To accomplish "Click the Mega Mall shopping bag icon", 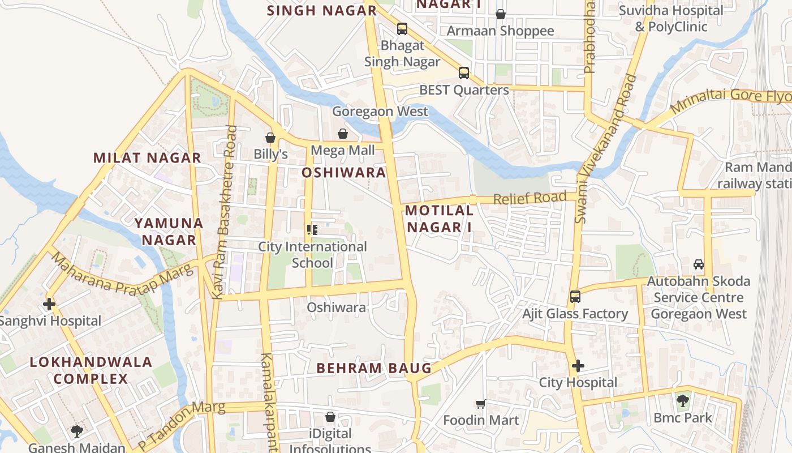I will [x=343, y=134].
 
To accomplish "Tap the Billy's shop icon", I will [x=270, y=138].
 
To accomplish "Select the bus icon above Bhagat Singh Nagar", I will [x=402, y=28].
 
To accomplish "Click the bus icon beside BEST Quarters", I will [x=464, y=72].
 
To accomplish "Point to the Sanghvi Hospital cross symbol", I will [x=49, y=304].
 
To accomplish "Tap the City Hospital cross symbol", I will [x=578, y=366].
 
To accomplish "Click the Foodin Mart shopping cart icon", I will [x=481, y=404].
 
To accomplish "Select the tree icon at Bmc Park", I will [x=683, y=401].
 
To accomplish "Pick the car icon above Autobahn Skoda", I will [x=699, y=264].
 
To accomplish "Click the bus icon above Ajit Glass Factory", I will [x=575, y=297].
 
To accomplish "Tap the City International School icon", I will [x=312, y=230].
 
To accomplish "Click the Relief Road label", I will [x=530, y=198].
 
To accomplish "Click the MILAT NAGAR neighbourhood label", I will [x=147, y=158].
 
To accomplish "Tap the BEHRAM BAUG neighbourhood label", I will [x=374, y=368].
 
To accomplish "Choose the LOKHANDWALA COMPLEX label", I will [x=91, y=370].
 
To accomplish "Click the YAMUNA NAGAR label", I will [x=169, y=232].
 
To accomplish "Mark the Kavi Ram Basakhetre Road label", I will [x=225, y=212].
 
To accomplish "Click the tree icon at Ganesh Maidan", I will [x=77, y=431].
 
